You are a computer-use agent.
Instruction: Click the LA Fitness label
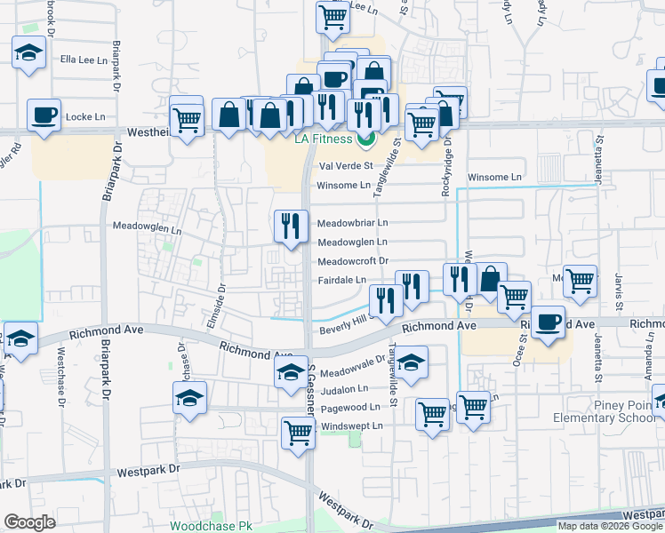(324, 139)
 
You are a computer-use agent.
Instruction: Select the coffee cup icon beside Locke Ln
(44, 115)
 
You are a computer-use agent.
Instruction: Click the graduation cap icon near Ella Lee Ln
(29, 53)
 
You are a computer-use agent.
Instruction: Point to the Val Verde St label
(344, 166)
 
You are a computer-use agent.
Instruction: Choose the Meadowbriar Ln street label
(353, 222)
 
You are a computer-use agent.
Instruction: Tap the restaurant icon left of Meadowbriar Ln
(290, 227)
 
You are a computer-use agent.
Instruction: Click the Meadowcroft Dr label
(353, 261)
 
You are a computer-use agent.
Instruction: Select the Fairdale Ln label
(342, 280)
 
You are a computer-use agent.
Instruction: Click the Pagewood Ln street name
(350, 408)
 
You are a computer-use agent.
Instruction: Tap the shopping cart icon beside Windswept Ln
(299, 434)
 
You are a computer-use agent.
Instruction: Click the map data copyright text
(610, 526)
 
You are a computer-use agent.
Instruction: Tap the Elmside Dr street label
(217, 304)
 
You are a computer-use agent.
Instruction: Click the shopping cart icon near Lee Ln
(332, 18)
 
